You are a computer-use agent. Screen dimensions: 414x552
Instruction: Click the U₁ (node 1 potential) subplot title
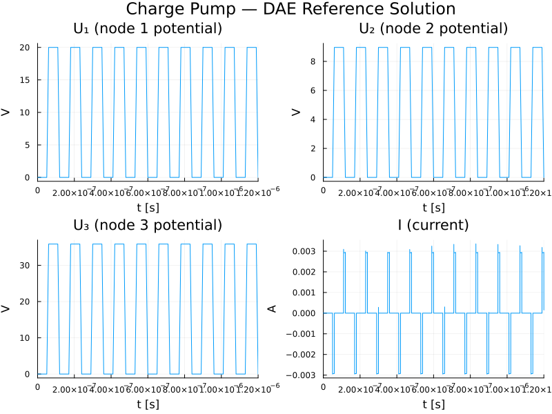[x=148, y=29]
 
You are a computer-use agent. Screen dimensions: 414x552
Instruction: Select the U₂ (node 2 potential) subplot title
[x=433, y=29]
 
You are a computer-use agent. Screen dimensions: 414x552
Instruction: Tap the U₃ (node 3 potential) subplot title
[x=148, y=226]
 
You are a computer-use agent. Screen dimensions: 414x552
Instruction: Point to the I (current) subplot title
[x=433, y=226]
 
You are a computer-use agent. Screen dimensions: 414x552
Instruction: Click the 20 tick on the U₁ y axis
[x=26, y=48]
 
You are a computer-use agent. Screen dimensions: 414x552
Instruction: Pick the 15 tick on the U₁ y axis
[x=26, y=80]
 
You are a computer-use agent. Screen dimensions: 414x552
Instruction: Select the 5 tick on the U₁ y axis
[x=28, y=145]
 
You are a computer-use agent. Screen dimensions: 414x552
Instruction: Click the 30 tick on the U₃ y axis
[x=26, y=265]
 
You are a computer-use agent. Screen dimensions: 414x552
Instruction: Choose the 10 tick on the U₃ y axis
[x=26, y=337]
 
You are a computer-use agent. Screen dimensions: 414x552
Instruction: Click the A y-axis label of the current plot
[x=272, y=308]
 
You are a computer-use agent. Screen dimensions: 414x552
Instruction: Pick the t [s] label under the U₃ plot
[x=148, y=404]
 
